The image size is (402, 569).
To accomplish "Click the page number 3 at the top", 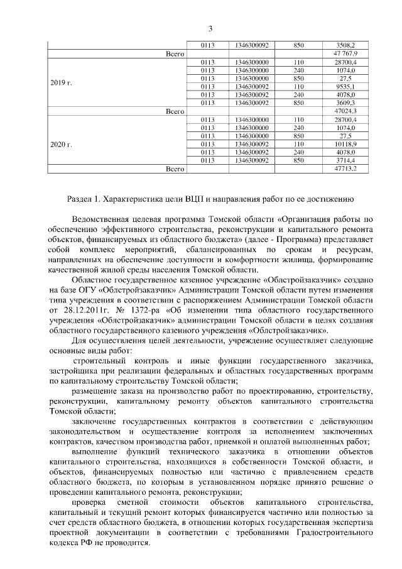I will point(210,28).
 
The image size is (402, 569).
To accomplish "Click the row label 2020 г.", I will point(61,144).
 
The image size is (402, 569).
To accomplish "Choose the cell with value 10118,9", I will point(345,144).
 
